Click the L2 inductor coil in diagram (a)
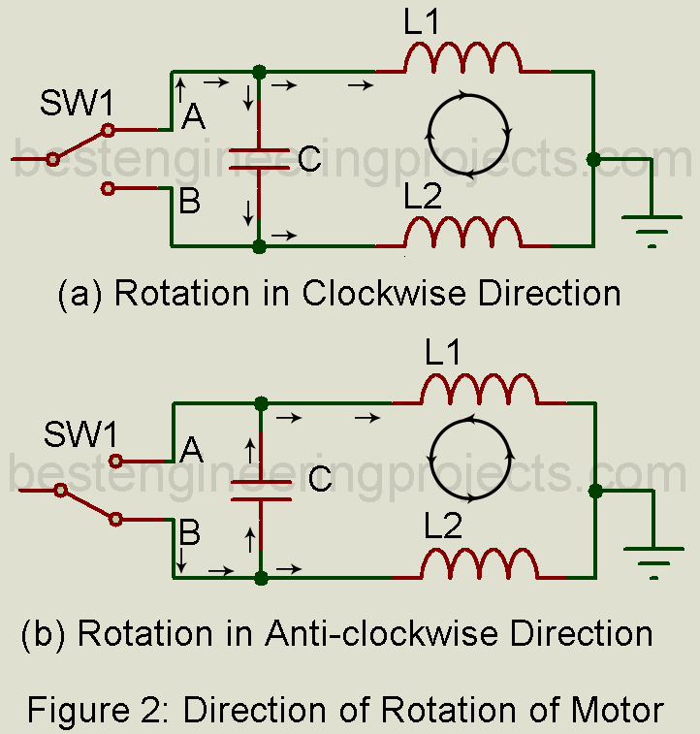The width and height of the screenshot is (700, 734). coord(462,233)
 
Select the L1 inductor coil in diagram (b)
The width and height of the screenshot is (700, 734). coord(477,390)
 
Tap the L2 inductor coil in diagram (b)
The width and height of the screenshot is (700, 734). coord(477,563)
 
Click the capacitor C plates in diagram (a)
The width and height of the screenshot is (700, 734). coord(259,159)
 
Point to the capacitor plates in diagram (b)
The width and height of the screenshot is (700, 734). coord(261,490)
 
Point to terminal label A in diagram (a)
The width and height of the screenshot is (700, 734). coord(194,117)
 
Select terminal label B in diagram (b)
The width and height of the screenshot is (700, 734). coord(191,532)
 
